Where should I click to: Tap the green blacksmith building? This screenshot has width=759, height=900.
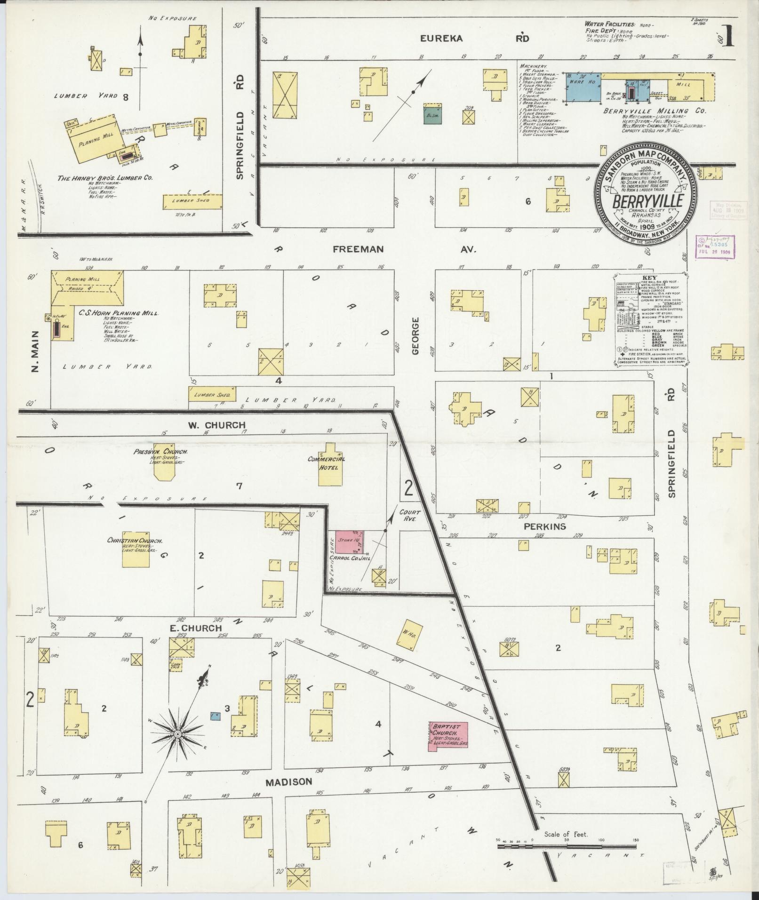432,114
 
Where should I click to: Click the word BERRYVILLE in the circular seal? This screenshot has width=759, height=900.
644,201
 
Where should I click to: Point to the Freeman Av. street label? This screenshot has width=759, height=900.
405,249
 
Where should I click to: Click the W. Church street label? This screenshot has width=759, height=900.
216,425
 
